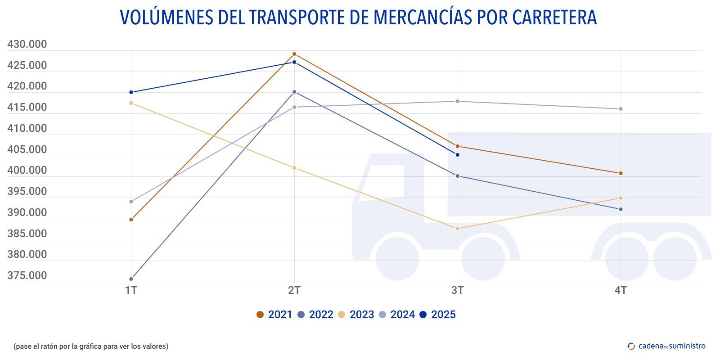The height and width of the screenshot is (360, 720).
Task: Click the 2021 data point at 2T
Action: tap(294, 54)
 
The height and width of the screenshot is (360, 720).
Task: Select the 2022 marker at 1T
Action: tap(131, 279)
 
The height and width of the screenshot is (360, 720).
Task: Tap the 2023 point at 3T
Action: tap(458, 229)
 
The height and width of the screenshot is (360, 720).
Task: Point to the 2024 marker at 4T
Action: tap(621, 109)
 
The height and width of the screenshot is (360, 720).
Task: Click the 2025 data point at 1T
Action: tap(131, 92)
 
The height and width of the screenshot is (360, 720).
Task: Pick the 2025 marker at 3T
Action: tap(458, 155)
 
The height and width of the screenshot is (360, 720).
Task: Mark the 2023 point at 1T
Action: tap(131, 103)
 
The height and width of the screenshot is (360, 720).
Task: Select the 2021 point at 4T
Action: tap(621, 173)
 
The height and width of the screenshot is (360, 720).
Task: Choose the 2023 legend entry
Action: tap(356, 315)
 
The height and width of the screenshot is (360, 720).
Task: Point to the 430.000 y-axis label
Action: tap(27, 45)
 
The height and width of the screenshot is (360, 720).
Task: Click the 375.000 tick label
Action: tap(27, 275)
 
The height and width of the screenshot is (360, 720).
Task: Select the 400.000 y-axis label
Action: tap(27, 171)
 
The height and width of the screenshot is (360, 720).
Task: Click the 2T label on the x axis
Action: tap(294, 291)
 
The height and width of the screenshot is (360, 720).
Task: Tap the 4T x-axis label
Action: tap(621, 291)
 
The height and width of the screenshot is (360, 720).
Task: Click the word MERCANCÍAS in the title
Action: tap(423, 17)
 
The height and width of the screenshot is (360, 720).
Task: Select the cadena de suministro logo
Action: tap(666, 346)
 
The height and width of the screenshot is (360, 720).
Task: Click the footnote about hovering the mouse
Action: tap(91, 346)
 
